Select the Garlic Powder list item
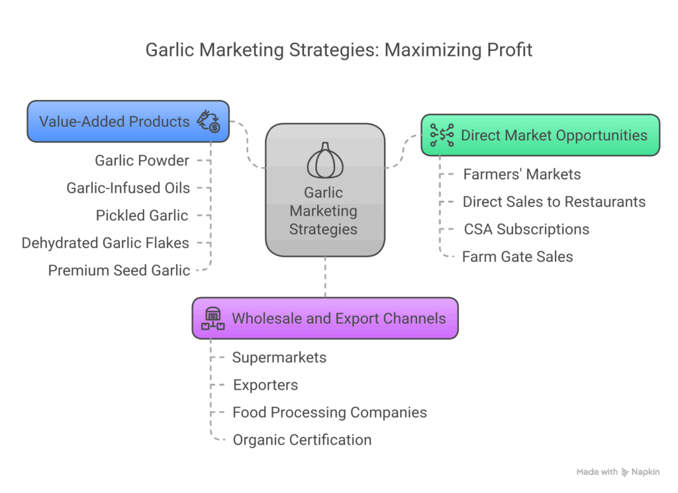[x=142, y=161]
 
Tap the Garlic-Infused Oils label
[x=128, y=188]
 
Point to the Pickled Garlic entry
[x=142, y=216]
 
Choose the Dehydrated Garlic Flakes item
[x=105, y=243]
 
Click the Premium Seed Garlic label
[x=119, y=270]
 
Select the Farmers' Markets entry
[x=522, y=175]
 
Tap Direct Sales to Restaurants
[x=554, y=202]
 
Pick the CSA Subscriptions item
[x=526, y=230]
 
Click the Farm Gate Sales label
[x=517, y=257]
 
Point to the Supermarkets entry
[x=279, y=358]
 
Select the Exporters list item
[x=266, y=385]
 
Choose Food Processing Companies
[x=329, y=413]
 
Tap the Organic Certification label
[x=302, y=440]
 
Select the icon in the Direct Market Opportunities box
[x=442, y=135]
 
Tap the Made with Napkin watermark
[x=618, y=472]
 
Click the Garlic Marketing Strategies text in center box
[x=324, y=211]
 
